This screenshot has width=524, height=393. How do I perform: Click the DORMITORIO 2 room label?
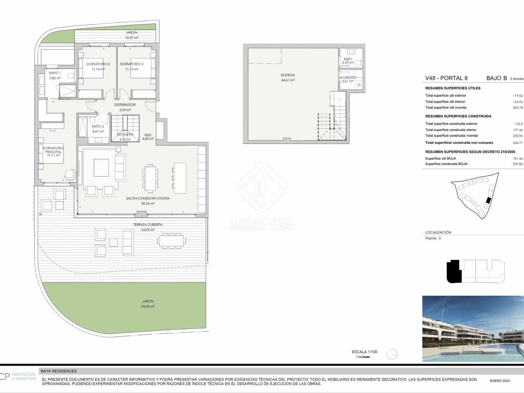pyautogui.click(x=98, y=64)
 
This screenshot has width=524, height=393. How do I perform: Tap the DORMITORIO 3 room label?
pyautogui.click(x=132, y=64)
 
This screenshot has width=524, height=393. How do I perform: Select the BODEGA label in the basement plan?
pyautogui.click(x=288, y=75)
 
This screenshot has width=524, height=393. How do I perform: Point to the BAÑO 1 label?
pyautogui.click(x=55, y=73)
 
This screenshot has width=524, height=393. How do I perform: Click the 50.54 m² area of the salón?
pyautogui.click(x=148, y=203)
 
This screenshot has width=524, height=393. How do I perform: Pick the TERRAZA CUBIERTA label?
pyautogui.click(x=148, y=225)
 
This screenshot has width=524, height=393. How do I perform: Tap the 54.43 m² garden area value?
pyautogui.click(x=148, y=307)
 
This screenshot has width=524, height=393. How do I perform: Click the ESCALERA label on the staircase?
pyautogui.click(x=125, y=134)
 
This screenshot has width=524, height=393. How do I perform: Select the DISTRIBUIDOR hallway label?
pyautogui.click(x=125, y=105)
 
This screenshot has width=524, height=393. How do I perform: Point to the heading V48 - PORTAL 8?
pyautogui.click(x=446, y=78)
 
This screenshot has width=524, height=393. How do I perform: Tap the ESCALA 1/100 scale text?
pyautogui.click(x=365, y=352)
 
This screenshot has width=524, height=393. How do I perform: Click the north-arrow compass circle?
pyautogui.click(x=392, y=354)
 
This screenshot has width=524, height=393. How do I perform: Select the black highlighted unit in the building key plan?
pyautogui.click(x=454, y=271)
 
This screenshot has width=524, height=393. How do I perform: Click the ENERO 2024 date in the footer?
pyautogui.click(x=500, y=381)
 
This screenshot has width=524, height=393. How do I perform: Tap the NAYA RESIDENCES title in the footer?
pyautogui.click(x=59, y=371)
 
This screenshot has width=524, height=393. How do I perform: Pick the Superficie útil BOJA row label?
pyautogui.click(x=440, y=159)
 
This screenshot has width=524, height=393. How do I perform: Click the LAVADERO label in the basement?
pyautogui.click(x=347, y=78)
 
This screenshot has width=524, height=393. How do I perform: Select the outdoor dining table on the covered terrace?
pyautogui.click(x=172, y=241)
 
